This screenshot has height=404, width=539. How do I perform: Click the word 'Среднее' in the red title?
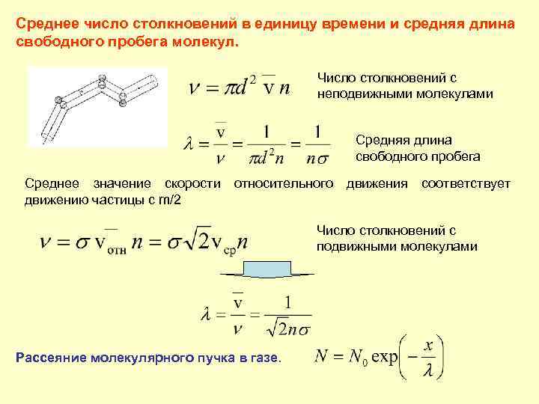(x=43, y=24)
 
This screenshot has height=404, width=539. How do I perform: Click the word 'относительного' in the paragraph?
(x=284, y=183)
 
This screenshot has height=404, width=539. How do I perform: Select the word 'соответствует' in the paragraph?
(x=466, y=183)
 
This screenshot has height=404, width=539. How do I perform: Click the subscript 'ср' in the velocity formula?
(x=228, y=251)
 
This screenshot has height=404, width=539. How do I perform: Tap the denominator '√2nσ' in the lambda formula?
(x=288, y=325)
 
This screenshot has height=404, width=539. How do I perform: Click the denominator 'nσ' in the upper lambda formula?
(x=317, y=156)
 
